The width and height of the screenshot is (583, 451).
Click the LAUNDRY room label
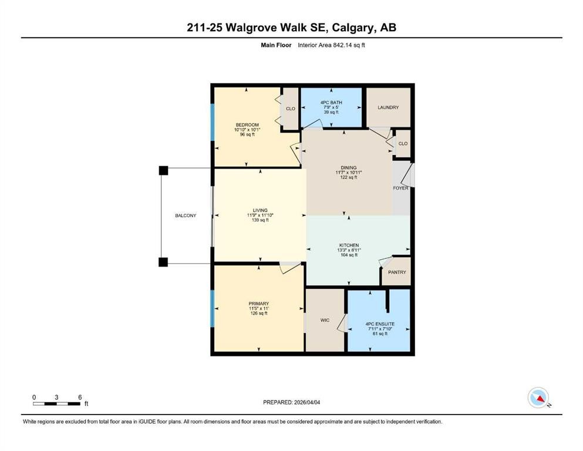[x=388, y=107]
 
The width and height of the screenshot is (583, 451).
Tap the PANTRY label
[x=396, y=273]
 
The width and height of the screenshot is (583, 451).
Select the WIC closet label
[x=325, y=320]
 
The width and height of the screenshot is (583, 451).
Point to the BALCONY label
[x=186, y=216]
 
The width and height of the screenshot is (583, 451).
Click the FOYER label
[x=400, y=188]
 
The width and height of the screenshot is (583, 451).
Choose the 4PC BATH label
[x=331, y=103]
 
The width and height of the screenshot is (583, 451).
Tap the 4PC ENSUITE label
[x=379, y=324]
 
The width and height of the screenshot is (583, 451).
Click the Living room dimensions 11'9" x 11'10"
[x=260, y=216]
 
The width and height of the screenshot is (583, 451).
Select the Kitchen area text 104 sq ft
[x=349, y=255]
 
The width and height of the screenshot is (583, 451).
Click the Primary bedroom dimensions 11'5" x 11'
[x=258, y=308]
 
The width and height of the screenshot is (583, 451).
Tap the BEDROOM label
[x=247, y=124]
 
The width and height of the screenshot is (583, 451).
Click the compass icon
[x=538, y=398]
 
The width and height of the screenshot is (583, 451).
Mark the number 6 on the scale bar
[x=79, y=397]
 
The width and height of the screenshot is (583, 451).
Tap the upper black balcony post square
[x=163, y=170]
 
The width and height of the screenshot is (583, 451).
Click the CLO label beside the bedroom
[x=290, y=109]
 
